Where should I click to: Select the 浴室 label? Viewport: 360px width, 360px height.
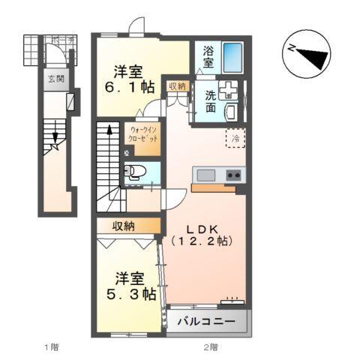[205, 57]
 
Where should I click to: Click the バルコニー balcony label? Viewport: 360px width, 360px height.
[206, 322]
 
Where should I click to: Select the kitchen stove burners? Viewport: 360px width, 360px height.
[234, 175]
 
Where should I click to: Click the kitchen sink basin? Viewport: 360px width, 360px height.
[205, 175]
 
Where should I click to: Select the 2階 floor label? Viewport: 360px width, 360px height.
[210, 346]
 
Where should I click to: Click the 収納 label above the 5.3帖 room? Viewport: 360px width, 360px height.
[125, 225]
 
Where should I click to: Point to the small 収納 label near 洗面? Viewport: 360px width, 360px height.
[177, 86]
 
